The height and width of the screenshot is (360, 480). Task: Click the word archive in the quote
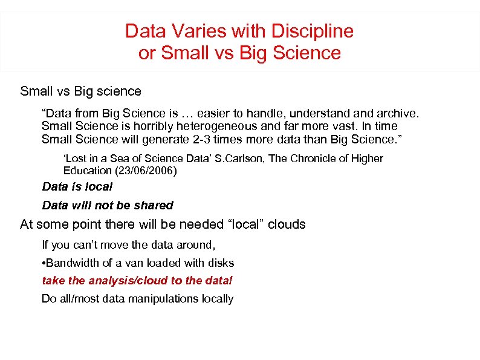(x=397, y=113)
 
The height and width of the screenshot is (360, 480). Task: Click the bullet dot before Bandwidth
(x=44, y=263)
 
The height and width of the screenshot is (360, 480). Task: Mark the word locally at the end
(x=216, y=299)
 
